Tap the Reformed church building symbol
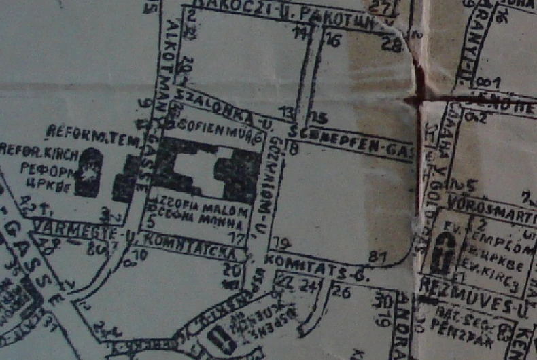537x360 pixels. click(89, 173)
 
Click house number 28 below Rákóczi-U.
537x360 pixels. click(391, 46)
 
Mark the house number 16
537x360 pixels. click(332, 41)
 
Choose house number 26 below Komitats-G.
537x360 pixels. click(342, 293)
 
